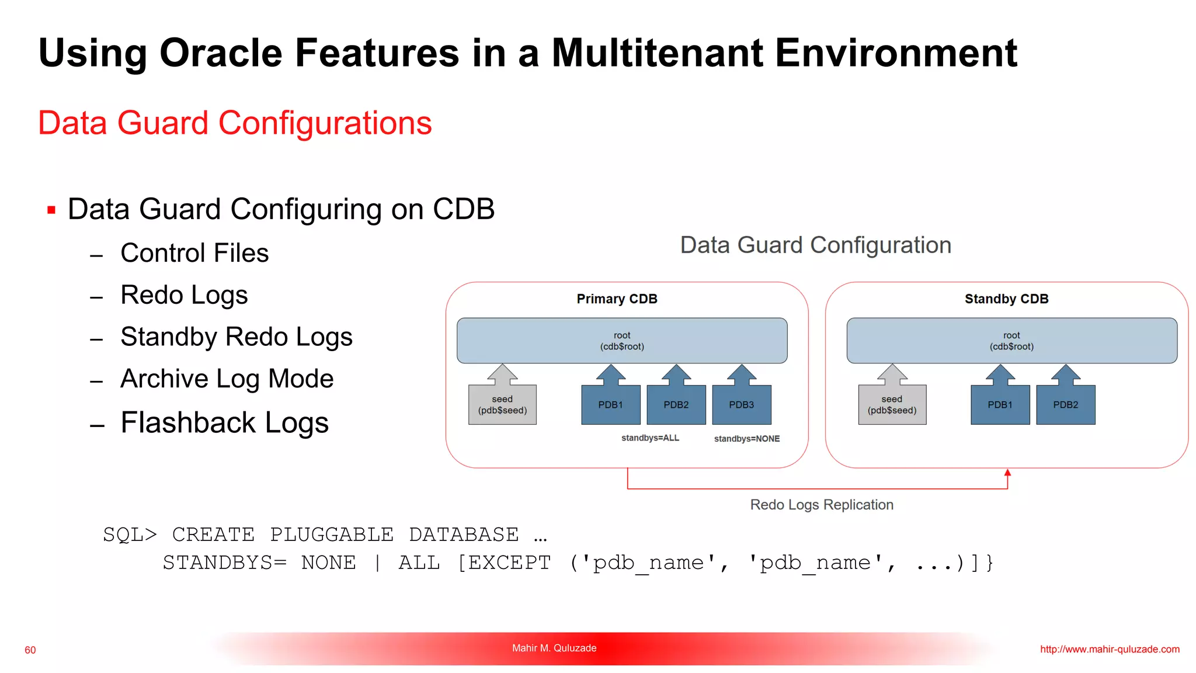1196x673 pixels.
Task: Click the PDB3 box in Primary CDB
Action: point(742,404)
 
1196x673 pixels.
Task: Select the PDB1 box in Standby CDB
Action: point(1000,404)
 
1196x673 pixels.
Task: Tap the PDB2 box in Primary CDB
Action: point(676,404)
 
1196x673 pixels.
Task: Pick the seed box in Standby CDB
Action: point(892,404)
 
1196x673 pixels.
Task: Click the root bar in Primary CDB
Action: point(622,341)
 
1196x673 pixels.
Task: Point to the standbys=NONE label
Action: point(746,439)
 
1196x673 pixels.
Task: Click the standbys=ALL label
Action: point(650,438)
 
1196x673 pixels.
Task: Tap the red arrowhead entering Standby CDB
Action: point(1007,473)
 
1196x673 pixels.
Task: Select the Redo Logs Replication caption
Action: point(822,505)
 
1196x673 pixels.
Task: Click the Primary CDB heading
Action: point(617,299)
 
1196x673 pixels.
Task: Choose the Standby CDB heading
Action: point(1006,299)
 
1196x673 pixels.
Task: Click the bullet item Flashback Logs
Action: point(224,422)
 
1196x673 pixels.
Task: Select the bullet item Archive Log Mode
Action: point(227,379)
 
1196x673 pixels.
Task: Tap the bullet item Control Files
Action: point(194,253)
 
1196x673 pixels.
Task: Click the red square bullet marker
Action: point(51,210)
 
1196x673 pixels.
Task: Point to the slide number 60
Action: point(30,650)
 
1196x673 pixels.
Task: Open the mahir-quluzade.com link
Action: point(1110,649)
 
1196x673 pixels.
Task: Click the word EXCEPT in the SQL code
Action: point(509,563)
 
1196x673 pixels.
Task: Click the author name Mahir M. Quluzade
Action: point(554,648)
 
